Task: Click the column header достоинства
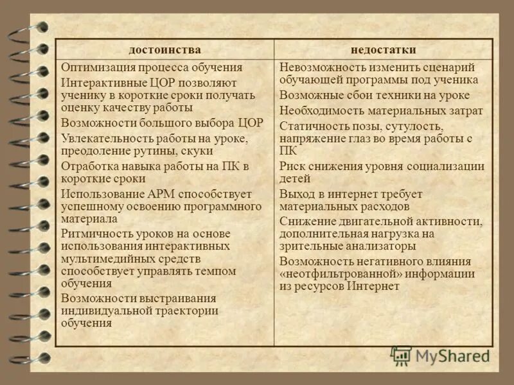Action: pos(164,50)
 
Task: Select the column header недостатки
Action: pos(384,50)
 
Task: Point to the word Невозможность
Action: pos(319,67)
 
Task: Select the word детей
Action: pos(295,178)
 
